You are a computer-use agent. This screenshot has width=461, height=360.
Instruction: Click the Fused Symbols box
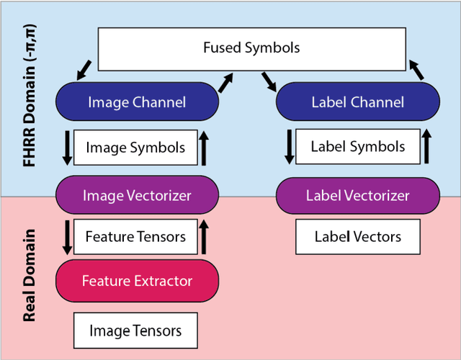pyautogui.click(x=251, y=49)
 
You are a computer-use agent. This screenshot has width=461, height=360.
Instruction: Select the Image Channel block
pyautogui.click(x=136, y=102)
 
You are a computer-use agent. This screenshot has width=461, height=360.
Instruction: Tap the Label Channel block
pyautogui.click(x=357, y=102)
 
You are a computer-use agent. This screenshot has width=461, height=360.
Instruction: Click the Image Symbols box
pyautogui.click(x=135, y=148)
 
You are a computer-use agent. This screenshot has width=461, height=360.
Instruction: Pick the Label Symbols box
pyautogui.click(x=357, y=147)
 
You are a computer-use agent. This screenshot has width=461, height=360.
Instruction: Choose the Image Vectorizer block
pyautogui.click(x=136, y=195)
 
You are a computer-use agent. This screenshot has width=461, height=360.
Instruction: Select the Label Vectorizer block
pyautogui.click(x=357, y=195)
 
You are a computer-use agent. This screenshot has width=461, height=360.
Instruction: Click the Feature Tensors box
pyautogui.click(x=135, y=236)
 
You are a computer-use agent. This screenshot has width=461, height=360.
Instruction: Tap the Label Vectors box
pyautogui.click(x=357, y=236)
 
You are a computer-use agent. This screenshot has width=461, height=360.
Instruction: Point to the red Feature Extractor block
pyautogui.click(x=136, y=280)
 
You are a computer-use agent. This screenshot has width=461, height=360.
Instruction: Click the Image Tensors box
pyautogui.click(x=135, y=330)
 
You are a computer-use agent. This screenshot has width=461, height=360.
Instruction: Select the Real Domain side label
pyautogui.click(x=30, y=276)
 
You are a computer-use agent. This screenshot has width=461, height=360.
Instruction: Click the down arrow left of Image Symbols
pyautogui.click(x=66, y=148)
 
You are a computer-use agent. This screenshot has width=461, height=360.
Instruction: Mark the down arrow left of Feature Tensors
pyautogui.click(x=66, y=237)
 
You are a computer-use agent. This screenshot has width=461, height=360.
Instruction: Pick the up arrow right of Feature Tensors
pyautogui.click(x=205, y=237)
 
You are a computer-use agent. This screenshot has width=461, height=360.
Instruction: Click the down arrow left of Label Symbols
pyautogui.click(x=290, y=147)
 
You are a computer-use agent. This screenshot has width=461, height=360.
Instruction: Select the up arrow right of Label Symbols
pyautogui.click(x=426, y=147)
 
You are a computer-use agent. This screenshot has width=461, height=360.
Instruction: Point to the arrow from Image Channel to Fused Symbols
pyautogui.click(x=227, y=81)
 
